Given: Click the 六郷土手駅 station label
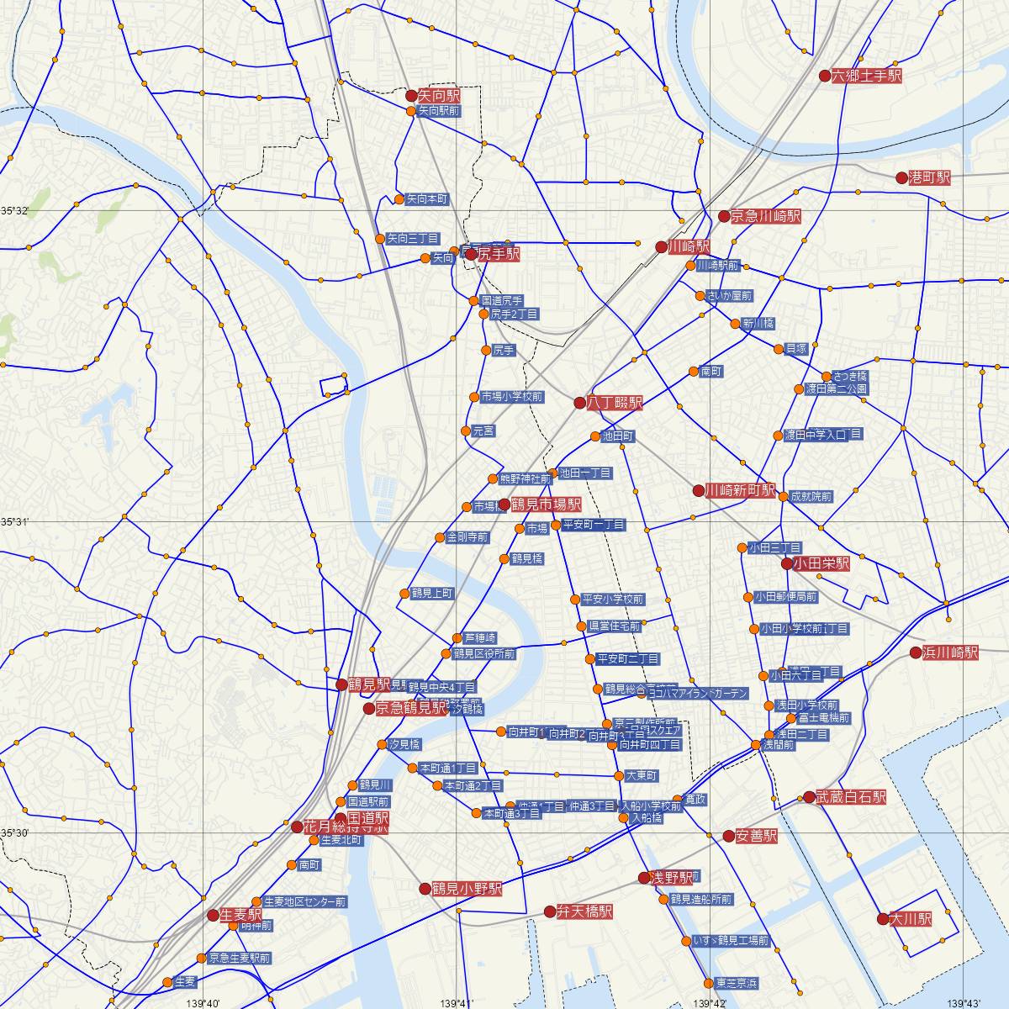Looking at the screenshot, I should [x=867, y=76].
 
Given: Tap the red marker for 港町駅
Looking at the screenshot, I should [x=901, y=178].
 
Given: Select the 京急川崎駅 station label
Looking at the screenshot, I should [x=765, y=217].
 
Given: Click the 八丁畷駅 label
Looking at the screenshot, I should [x=615, y=404].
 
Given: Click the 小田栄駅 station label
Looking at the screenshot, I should [x=821, y=564].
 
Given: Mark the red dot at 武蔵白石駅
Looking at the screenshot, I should [x=809, y=797].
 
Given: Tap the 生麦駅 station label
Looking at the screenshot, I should [x=240, y=915].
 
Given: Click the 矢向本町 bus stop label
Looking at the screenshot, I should [x=426, y=200].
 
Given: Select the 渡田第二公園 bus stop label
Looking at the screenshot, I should [x=836, y=389].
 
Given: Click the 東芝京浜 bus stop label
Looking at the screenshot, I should [x=737, y=983].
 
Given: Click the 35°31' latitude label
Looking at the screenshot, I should [x=14, y=522].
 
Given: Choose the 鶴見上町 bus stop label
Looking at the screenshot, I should [x=432, y=594].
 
